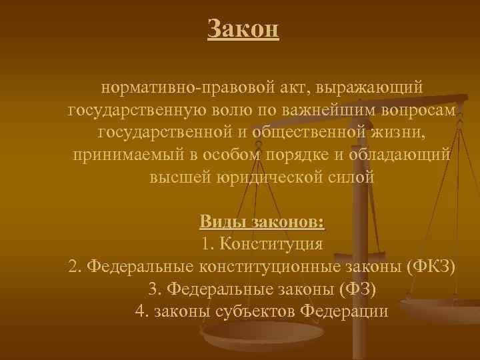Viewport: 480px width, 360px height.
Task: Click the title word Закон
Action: point(243,29)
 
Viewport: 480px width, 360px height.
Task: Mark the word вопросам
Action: point(419,110)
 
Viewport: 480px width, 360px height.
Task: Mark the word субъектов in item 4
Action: point(255,312)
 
